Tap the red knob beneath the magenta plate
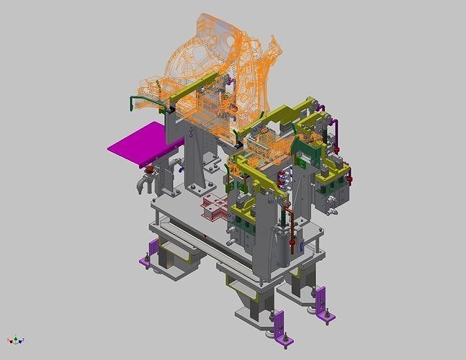coord(151,171)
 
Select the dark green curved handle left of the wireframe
coord(138,102)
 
